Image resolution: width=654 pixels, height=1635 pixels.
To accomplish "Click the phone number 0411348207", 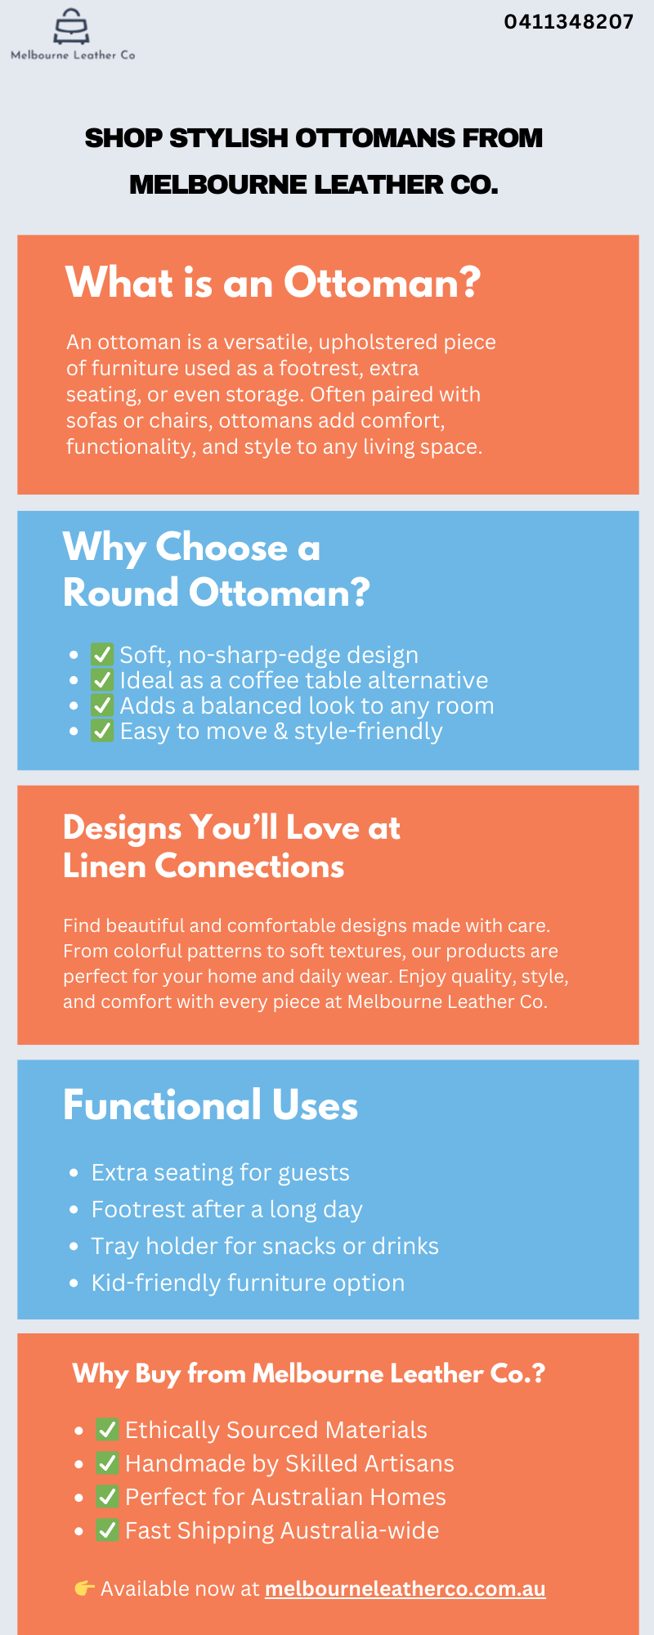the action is (569, 22).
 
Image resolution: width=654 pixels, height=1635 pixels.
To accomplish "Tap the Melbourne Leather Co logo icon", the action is (71, 27).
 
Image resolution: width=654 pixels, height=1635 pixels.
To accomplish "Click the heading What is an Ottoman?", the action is (273, 283).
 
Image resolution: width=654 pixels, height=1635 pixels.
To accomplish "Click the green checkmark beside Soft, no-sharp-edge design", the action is (102, 654).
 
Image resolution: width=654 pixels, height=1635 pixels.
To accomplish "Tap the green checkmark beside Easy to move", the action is (102, 730).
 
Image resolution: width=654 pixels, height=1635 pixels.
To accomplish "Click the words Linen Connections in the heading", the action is (204, 867).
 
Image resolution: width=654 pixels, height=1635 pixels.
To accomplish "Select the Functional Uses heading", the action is (211, 1105).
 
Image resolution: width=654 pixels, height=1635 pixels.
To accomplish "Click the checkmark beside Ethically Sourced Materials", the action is (108, 1429).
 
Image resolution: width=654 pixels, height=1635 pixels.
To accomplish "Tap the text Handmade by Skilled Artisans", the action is (289, 1463).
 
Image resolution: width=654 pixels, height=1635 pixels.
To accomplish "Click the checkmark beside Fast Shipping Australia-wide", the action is (108, 1530).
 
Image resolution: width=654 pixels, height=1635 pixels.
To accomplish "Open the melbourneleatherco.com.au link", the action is (405, 1588).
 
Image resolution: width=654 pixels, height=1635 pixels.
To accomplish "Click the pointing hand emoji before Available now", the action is (84, 1588).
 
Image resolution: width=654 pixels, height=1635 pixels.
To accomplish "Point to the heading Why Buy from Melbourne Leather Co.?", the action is (309, 1374).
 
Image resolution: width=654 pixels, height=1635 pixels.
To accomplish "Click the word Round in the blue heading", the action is (121, 593).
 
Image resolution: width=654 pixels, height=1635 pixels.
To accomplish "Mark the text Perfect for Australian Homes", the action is (285, 1497).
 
